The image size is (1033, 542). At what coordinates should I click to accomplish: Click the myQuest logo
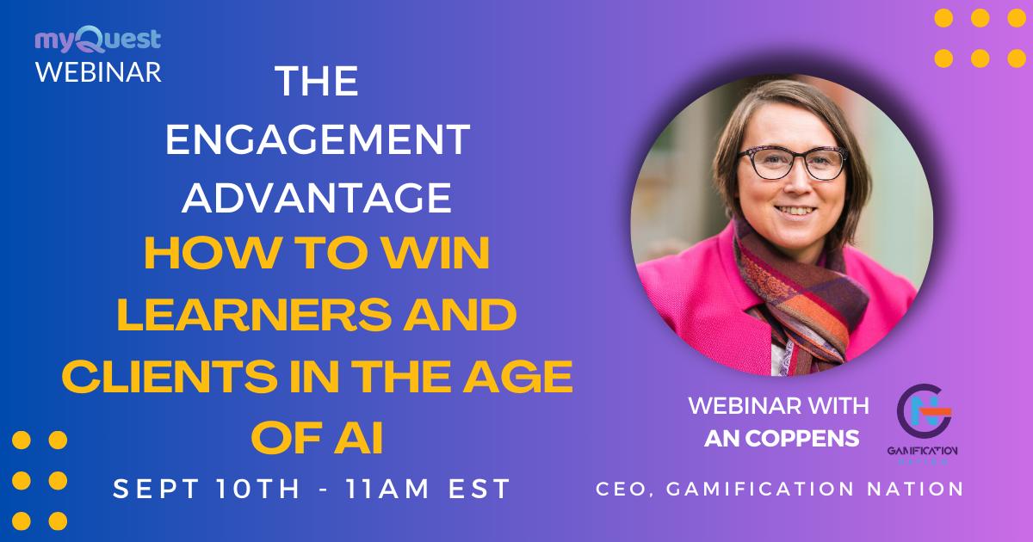pos(97,40)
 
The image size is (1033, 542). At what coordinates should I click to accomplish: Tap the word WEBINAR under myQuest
pos(98,71)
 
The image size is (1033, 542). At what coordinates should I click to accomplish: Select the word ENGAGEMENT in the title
pos(318,139)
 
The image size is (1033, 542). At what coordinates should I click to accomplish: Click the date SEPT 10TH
pos(207,490)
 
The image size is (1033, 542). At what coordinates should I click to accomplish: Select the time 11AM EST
pos(428,490)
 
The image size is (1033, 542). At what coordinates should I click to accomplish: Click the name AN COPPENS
pos(782,438)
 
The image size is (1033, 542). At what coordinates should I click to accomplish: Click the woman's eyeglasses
pos(793,161)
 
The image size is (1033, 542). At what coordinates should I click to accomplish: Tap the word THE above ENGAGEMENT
pos(317,82)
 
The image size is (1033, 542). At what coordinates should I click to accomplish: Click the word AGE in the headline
pos(527,377)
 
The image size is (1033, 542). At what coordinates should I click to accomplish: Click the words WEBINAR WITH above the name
pos(778,405)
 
